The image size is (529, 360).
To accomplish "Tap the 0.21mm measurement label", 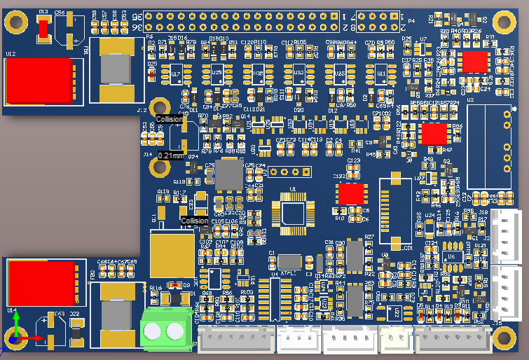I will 170,155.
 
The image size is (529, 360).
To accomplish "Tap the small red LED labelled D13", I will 43,28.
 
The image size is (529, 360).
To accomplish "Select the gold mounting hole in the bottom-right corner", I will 504,338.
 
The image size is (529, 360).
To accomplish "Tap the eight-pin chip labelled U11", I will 382,74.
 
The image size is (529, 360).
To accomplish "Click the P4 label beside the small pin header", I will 412,23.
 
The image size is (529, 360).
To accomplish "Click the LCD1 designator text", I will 408,247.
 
